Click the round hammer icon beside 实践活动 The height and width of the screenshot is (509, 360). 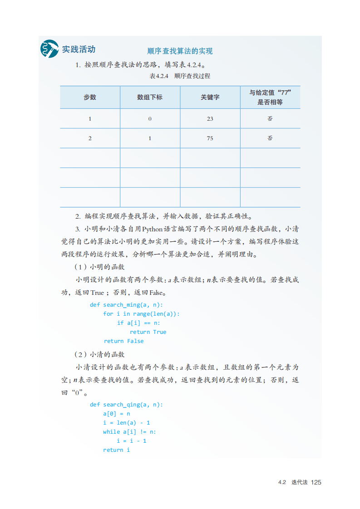click(49, 49)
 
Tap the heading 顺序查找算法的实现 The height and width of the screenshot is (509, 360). click(180, 51)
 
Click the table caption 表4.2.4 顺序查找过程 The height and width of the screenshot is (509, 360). click(180, 76)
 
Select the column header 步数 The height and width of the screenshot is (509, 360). click(90, 97)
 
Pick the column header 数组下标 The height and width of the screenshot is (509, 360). click(150, 97)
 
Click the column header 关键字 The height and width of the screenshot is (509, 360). click(210, 97)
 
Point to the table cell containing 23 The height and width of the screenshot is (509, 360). click(210, 119)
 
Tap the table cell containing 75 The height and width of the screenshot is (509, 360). click(210, 138)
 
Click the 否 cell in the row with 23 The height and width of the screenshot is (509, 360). click(270, 119)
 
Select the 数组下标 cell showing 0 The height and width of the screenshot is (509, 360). click(150, 119)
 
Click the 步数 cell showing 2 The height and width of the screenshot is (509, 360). click(90, 138)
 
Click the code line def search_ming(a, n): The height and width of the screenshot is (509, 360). click(126, 305)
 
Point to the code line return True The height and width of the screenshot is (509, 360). click(148, 332)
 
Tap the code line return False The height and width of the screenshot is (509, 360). click(123, 341)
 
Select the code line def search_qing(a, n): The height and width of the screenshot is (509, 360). click(126, 405)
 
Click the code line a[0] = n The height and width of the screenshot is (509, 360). click(117, 414)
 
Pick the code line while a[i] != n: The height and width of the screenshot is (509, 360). click(129, 432)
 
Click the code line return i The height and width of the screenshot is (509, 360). click(116, 450)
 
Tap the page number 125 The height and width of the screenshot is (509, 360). click(316, 482)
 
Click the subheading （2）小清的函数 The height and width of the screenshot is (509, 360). click(99, 354)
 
